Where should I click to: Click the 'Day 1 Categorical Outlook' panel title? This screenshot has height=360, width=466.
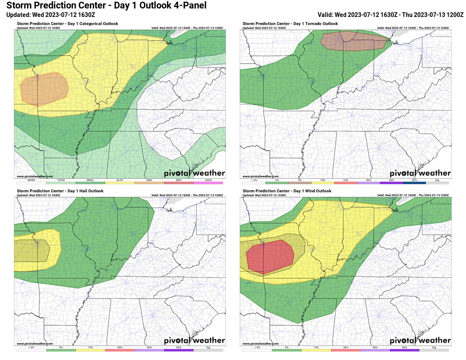[x=67, y=24]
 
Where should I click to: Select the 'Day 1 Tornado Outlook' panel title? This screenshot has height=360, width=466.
[x=290, y=24]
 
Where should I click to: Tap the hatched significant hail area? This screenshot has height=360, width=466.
[x=32, y=250]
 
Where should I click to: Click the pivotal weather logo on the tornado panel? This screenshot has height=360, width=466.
[x=420, y=173]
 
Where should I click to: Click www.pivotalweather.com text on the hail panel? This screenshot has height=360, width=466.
[x=35, y=343]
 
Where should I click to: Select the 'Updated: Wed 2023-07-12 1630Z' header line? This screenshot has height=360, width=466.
[x=51, y=15]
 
